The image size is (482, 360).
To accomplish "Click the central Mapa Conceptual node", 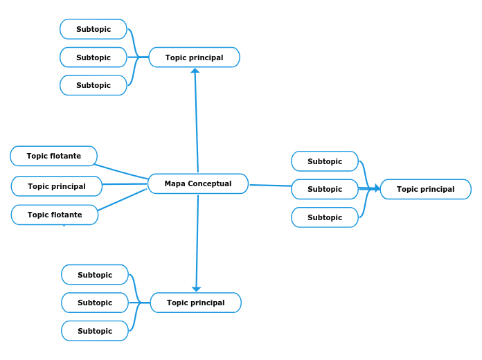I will [198, 183].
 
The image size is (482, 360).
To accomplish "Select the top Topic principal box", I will [194, 57].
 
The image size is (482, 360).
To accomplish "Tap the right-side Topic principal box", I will [425, 189].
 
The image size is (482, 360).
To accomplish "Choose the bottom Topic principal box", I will [195, 303].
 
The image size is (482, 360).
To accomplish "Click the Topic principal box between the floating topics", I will [57, 186].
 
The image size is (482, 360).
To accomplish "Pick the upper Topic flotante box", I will [54, 156].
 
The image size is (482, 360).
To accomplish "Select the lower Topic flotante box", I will [55, 215].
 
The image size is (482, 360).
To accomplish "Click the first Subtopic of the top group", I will [93, 29].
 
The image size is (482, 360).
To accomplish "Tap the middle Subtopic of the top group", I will [93, 57].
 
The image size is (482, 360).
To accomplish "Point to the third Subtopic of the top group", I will [93, 85].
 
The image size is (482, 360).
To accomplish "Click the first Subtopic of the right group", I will [325, 161].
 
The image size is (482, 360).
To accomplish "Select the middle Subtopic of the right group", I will [325, 189].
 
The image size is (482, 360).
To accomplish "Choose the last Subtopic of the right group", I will [325, 217].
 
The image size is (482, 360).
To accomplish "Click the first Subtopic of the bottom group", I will [95, 275].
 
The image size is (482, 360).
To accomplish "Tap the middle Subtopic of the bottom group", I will [95, 303].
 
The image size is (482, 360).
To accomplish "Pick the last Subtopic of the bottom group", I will [95, 331].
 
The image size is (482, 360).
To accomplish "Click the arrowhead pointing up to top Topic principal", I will [195, 71].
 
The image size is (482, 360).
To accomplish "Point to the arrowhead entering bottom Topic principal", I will [197, 289].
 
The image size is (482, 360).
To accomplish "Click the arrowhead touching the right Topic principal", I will [377, 188].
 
